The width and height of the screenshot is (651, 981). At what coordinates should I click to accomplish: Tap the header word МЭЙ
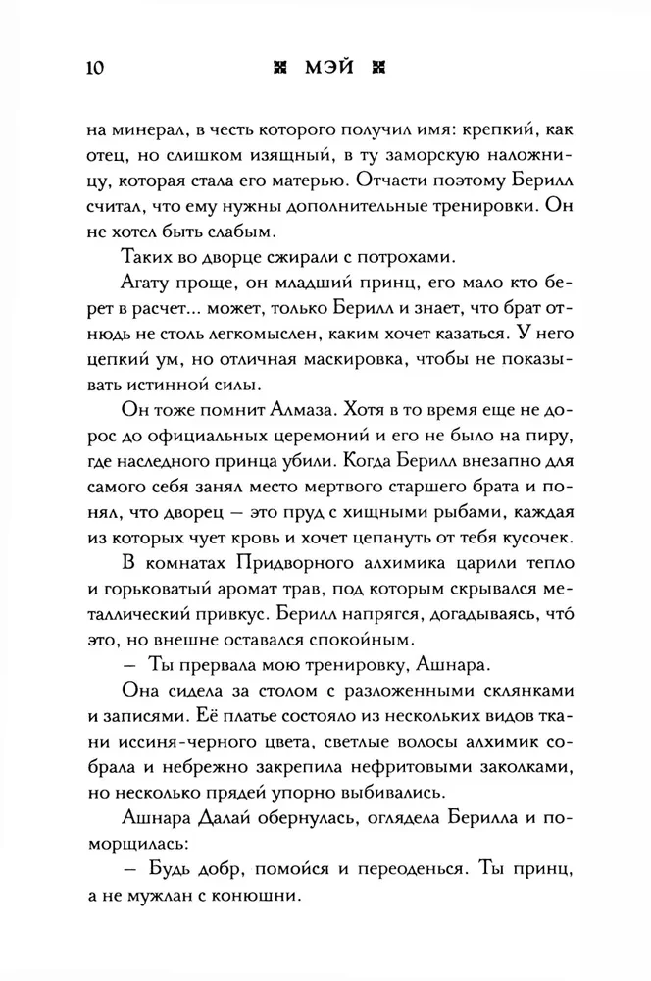[325, 68]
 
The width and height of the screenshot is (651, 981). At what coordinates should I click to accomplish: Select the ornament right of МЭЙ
[369, 68]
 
